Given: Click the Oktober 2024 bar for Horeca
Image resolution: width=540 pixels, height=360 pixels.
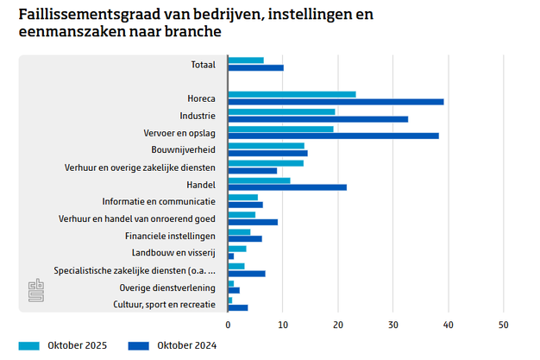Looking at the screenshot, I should [336, 102].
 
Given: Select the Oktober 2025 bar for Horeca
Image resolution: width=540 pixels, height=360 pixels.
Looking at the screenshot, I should [292, 94].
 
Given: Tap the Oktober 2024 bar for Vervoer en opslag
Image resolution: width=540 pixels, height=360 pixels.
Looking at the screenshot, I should [333, 136].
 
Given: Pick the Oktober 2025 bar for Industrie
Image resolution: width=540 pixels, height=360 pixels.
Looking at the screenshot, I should [281, 111].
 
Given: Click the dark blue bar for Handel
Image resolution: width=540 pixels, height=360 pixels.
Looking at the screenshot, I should [287, 187].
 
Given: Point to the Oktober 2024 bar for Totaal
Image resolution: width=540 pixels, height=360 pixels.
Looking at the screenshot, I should [255, 67].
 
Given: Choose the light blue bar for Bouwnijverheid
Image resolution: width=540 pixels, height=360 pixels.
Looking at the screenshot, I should [266, 146].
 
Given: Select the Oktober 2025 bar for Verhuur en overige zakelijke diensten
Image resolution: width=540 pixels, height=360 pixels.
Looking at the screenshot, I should [266, 163].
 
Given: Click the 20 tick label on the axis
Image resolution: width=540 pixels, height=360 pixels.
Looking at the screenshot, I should [338, 325].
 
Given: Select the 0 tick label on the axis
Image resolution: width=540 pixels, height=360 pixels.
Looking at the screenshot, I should [228, 325].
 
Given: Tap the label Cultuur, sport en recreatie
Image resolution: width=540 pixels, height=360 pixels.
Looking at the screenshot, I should [164, 304].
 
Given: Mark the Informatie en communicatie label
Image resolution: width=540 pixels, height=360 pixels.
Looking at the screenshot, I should [159, 200].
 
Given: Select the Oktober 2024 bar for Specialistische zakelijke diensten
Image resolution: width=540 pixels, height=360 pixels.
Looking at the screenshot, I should [247, 274].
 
